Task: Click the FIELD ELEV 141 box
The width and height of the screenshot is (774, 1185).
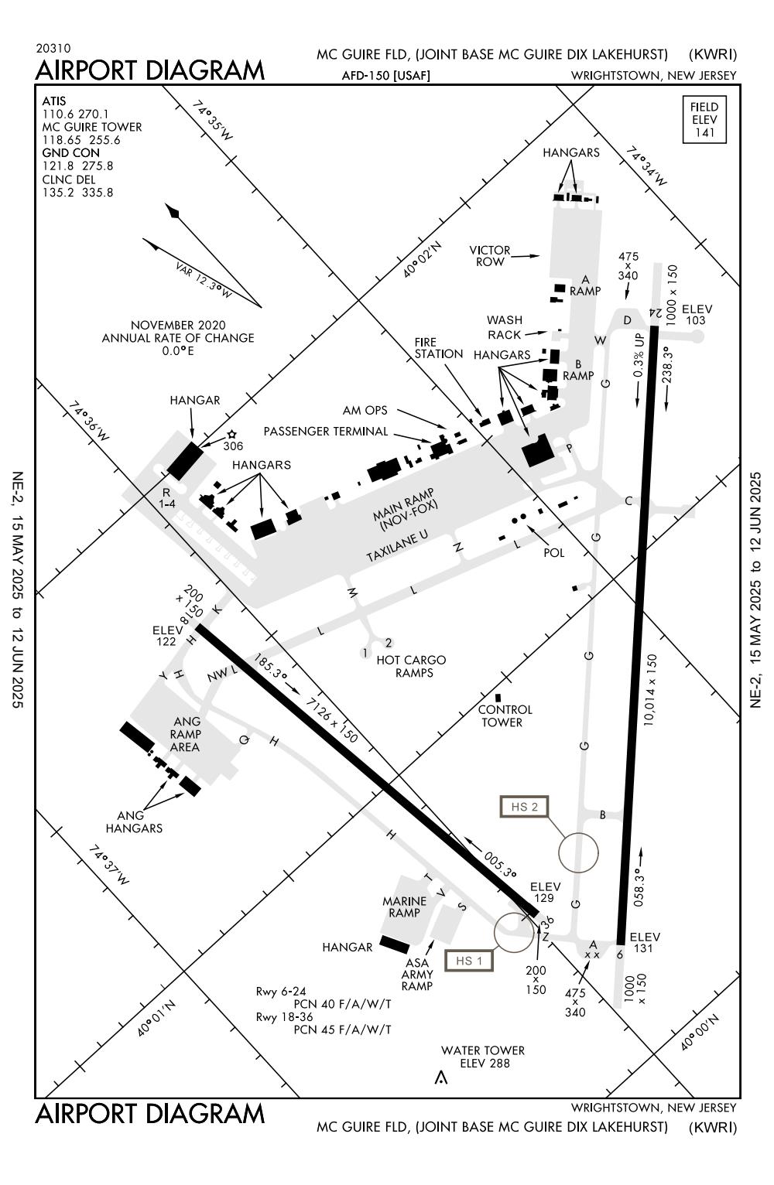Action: coord(704,120)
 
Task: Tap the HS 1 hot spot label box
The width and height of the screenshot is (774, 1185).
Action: coord(469,961)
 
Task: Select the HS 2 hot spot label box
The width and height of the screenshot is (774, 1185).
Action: coord(525,807)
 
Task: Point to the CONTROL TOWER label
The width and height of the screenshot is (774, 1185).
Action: coord(505,716)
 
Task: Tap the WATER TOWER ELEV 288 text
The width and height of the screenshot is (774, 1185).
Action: coord(483,1057)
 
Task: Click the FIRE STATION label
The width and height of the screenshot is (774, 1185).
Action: coord(438,348)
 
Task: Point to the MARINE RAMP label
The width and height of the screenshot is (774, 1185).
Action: coord(405,907)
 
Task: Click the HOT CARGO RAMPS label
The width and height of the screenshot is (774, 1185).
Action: coord(411,666)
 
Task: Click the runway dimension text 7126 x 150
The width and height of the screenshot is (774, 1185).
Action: coord(333,719)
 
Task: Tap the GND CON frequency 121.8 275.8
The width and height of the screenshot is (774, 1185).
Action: coord(77,166)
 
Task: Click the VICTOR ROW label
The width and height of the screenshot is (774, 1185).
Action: coord(490,256)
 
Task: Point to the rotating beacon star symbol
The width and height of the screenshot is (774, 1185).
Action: coord(231,435)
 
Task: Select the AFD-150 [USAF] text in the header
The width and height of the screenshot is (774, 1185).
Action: coord(385,76)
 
